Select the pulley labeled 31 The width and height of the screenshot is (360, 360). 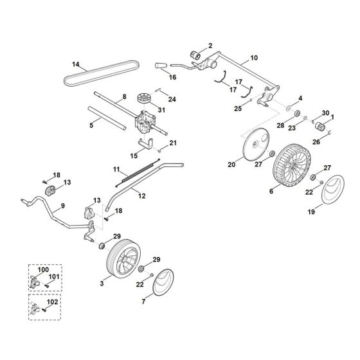[143, 101]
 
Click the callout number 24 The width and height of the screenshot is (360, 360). [172, 100]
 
